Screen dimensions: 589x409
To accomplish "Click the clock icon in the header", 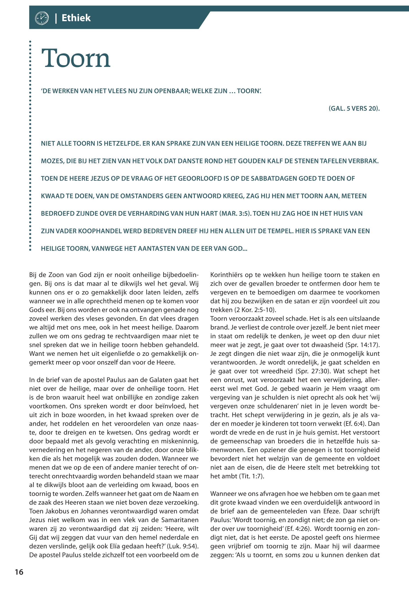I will pos(41,18).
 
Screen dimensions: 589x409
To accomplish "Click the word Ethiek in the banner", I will pos(76,18).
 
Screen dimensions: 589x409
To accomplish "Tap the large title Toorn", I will pos(76,58).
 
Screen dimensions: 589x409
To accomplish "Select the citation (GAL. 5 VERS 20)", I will pos(354,108).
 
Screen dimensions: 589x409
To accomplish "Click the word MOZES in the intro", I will pos(52,161).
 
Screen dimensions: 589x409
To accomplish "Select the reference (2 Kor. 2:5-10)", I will pos(243,310).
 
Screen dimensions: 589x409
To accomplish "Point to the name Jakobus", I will pos(45,511).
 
